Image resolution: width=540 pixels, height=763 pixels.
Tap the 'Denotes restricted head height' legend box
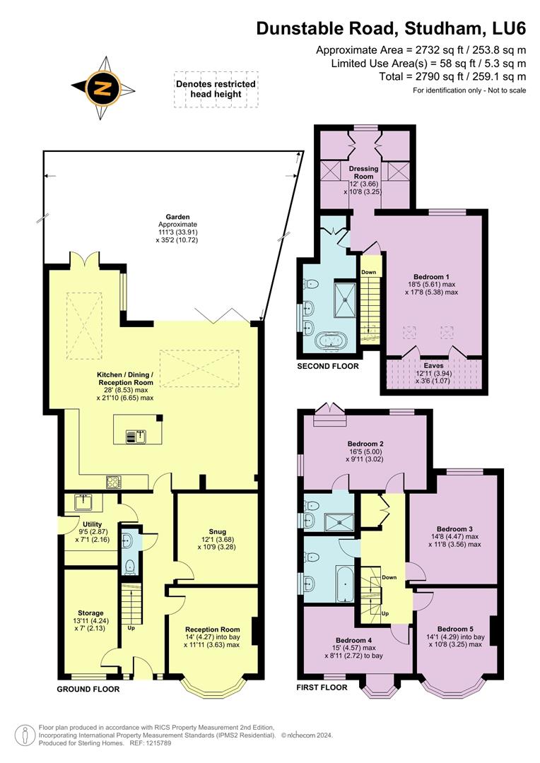tap(216, 89)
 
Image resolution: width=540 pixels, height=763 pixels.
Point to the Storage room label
tap(90, 613)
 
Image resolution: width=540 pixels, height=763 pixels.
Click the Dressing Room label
tap(364, 174)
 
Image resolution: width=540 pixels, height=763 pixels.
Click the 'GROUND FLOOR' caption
tap(88, 689)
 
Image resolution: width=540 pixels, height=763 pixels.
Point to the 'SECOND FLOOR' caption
tap(327, 366)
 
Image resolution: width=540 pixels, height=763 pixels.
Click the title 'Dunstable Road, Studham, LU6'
tap(391, 28)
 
